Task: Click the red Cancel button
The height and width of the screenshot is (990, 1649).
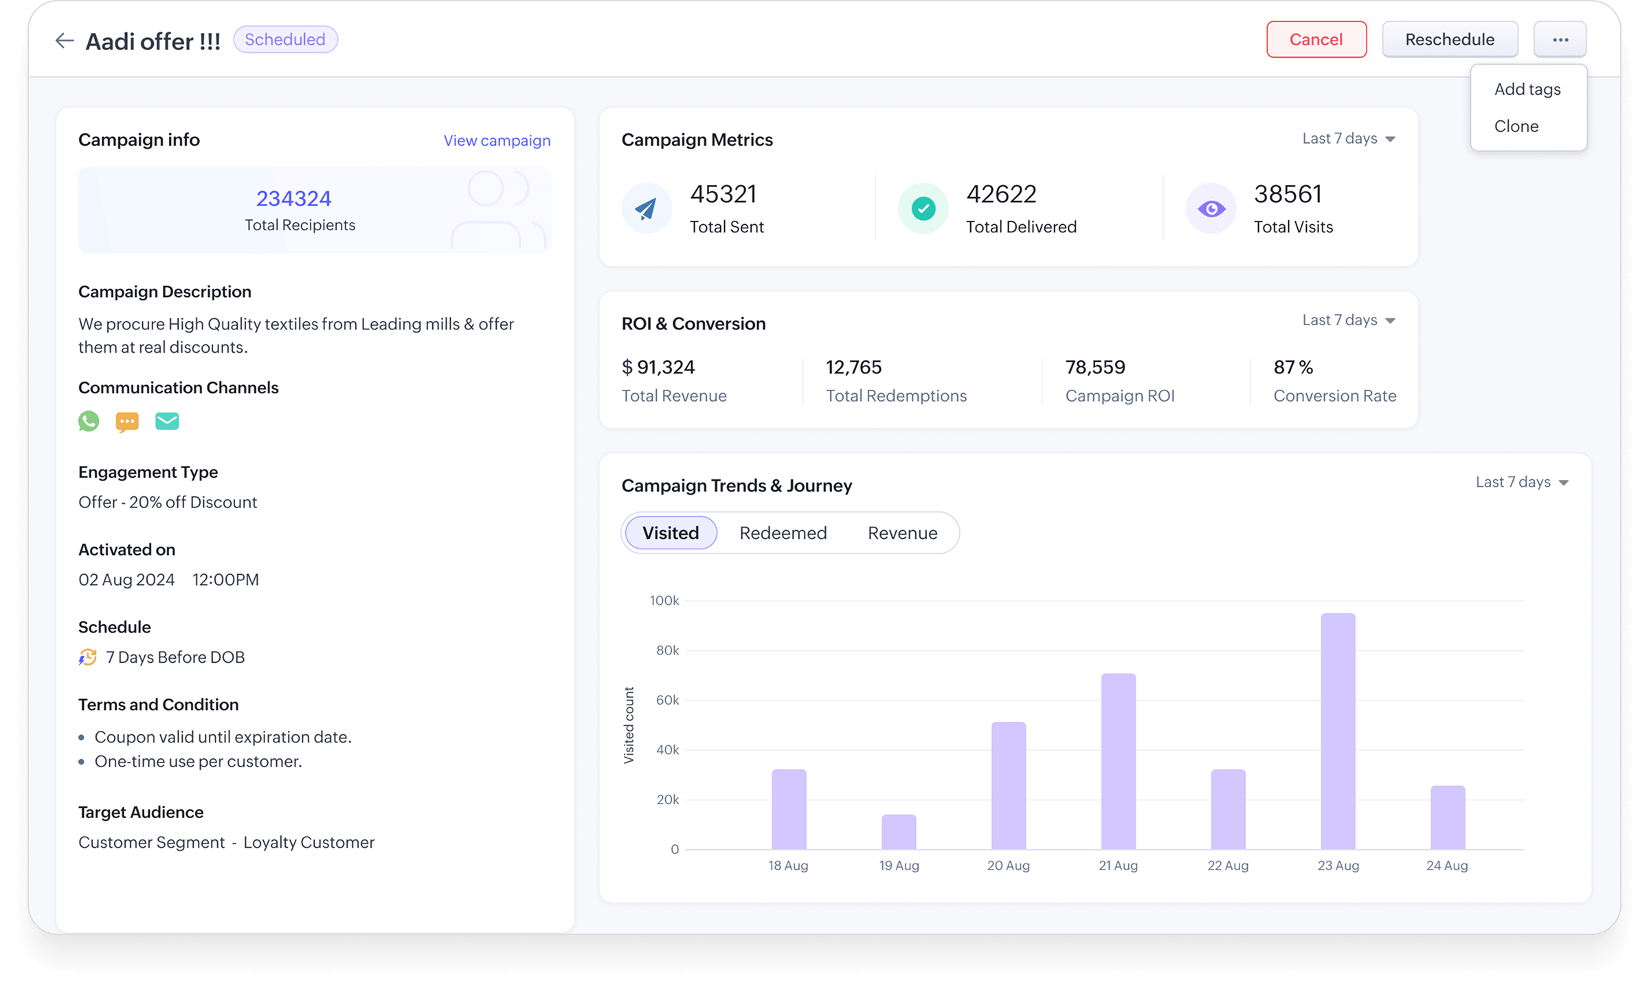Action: (1316, 40)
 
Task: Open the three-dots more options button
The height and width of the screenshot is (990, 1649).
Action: (1560, 40)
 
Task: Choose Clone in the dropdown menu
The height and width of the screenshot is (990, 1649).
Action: (1516, 126)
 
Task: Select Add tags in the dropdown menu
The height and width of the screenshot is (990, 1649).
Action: (1527, 89)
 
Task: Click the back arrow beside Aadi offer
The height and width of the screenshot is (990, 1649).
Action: (65, 41)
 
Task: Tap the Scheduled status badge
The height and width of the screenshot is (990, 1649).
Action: (285, 40)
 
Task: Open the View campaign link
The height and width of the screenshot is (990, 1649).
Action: (497, 140)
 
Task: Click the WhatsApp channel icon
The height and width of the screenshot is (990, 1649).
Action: (89, 421)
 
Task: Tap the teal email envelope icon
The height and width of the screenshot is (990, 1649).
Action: (167, 421)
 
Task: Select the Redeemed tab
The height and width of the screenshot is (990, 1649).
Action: (783, 533)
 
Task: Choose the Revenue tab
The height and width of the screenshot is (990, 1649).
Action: (902, 533)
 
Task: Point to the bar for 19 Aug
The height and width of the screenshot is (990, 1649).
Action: (899, 832)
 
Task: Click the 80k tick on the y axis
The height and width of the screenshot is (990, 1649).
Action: (667, 650)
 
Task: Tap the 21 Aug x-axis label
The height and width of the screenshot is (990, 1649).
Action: (1118, 866)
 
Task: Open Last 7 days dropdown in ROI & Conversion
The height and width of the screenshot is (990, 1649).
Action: (1348, 320)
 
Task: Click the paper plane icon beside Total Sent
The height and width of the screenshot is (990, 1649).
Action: (646, 208)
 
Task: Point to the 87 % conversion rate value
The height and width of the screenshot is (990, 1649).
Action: (1292, 367)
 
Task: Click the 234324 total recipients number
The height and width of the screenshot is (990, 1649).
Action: (293, 199)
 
